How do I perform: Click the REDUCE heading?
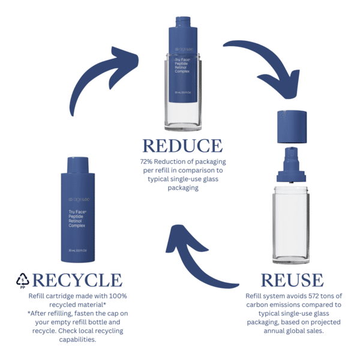182,146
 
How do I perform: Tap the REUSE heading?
293,280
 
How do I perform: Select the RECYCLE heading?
77,280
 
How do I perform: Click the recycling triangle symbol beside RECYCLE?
22,280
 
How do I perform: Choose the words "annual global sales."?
293,331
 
